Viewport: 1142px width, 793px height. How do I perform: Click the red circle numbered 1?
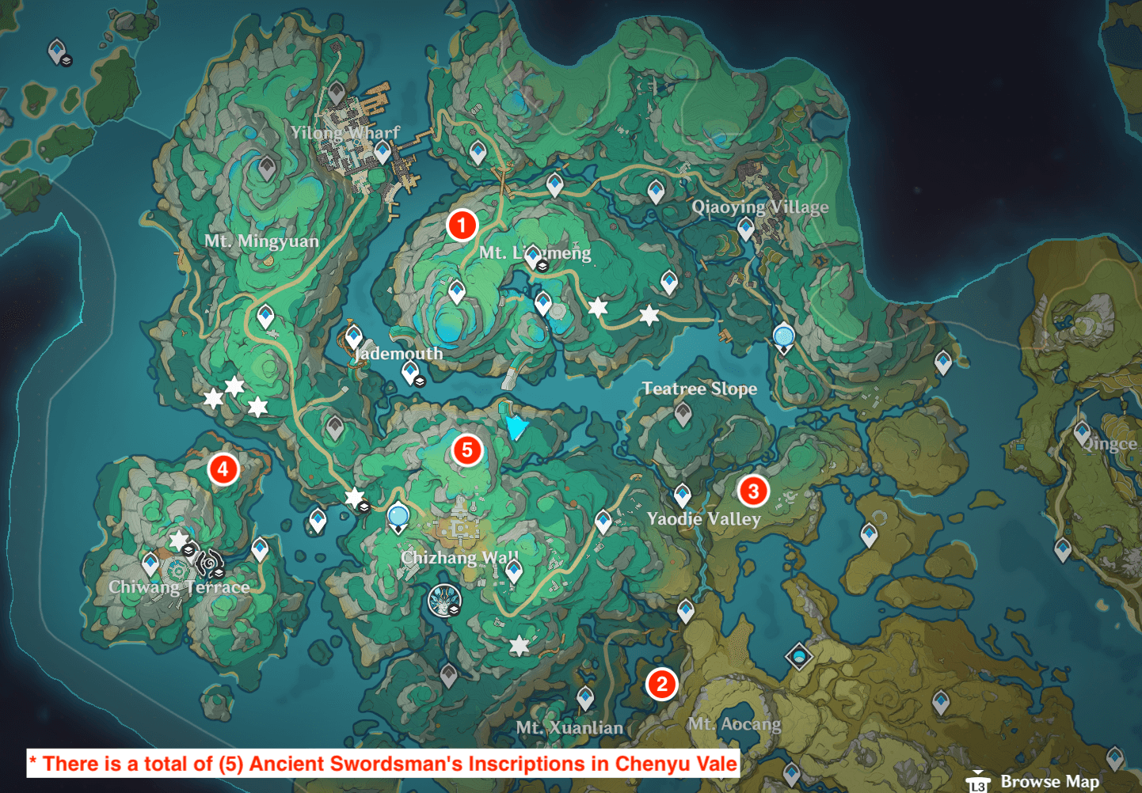point(462,225)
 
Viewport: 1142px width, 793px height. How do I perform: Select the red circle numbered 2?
point(661,684)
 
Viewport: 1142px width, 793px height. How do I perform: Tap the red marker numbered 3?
point(753,491)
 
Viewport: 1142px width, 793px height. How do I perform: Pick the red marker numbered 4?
point(223,469)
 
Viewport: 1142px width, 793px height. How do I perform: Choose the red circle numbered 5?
point(467,450)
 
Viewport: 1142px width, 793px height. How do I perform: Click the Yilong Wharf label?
point(345,133)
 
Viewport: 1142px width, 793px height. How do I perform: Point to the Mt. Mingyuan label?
point(261,241)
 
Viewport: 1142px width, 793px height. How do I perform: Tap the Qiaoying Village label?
point(760,207)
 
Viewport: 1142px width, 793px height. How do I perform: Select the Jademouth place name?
point(398,354)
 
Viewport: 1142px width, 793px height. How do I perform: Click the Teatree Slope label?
point(699,389)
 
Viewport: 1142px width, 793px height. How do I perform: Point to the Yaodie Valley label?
point(704,519)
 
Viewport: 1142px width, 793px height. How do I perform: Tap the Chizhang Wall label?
point(460,557)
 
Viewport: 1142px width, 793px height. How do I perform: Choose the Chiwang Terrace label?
point(179,587)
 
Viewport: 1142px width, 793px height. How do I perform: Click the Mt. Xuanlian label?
point(569,727)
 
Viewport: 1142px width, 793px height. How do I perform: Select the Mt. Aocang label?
point(734,724)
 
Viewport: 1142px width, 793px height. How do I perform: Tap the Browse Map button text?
point(1049,781)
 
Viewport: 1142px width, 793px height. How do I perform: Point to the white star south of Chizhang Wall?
point(519,647)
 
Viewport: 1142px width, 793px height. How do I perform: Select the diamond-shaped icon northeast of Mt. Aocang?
point(799,656)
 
